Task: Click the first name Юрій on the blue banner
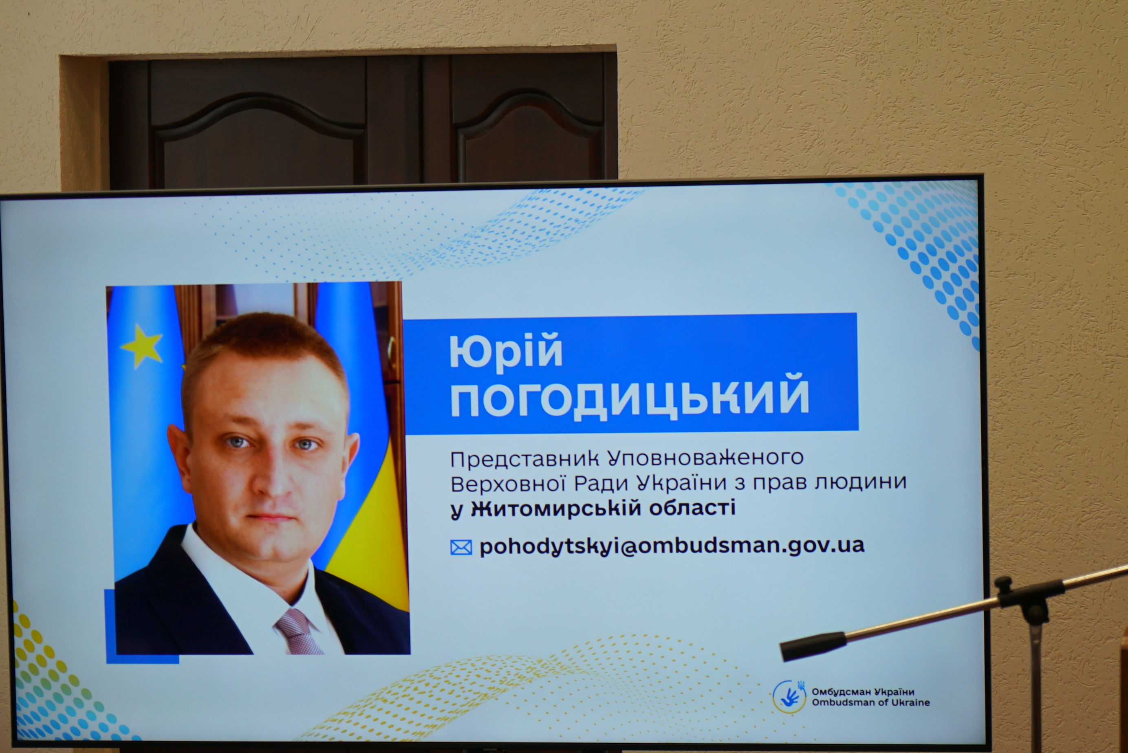pyautogui.click(x=506, y=352)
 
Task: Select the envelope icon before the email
pyautogui.click(x=461, y=548)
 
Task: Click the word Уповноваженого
pyautogui.click(x=705, y=458)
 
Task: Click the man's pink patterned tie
pyautogui.click(x=299, y=632)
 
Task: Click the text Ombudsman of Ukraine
pyautogui.click(x=870, y=702)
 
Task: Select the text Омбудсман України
pyautogui.click(x=863, y=691)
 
